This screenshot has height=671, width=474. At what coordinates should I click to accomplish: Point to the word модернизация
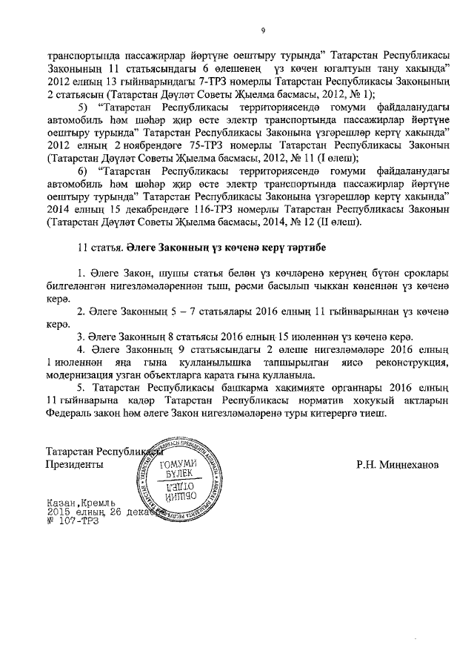click(81, 372)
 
